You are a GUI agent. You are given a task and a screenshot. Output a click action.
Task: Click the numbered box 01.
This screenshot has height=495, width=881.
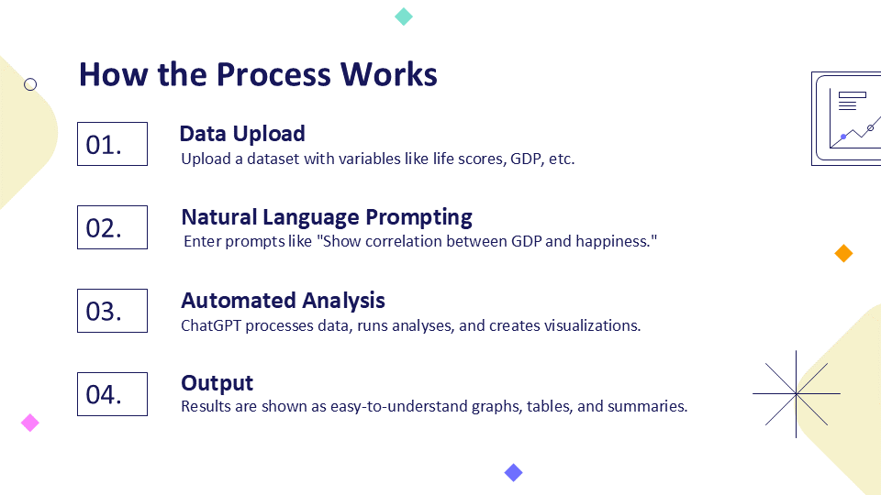(x=112, y=144)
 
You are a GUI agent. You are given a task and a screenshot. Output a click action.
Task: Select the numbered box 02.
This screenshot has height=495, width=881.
(x=112, y=227)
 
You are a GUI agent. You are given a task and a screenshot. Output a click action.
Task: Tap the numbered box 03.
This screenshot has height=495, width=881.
(x=112, y=311)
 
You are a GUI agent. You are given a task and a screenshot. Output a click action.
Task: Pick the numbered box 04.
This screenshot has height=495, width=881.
(x=112, y=394)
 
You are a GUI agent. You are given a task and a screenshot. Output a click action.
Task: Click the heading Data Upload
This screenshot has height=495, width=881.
(x=242, y=134)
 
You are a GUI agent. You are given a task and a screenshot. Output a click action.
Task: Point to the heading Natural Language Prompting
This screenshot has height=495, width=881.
(x=327, y=218)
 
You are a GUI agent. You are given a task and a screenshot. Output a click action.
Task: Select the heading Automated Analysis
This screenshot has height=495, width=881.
(x=283, y=301)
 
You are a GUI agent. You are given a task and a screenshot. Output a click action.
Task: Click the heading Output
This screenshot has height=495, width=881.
(x=217, y=383)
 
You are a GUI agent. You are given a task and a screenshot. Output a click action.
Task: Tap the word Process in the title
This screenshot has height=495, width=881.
(x=273, y=74)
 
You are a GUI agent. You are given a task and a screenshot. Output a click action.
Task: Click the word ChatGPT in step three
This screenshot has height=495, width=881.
(x=211, y=325)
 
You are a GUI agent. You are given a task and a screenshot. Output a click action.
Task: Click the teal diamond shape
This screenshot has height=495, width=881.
(x=404, y=16)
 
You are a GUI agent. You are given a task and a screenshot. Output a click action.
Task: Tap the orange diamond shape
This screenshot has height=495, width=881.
(x=843, y=253)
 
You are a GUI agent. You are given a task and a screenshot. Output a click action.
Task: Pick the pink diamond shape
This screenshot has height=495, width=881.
(x=29, y=423)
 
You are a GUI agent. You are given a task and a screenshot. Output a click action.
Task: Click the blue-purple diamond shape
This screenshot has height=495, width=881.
(x=513, y=473)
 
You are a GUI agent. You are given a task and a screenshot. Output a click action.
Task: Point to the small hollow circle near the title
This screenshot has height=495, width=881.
(x=30, y=84)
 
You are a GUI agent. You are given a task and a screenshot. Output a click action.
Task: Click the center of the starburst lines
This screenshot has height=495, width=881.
(x=797, y=394)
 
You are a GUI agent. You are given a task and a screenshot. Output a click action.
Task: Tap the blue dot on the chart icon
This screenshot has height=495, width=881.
(x=843, y=137)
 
